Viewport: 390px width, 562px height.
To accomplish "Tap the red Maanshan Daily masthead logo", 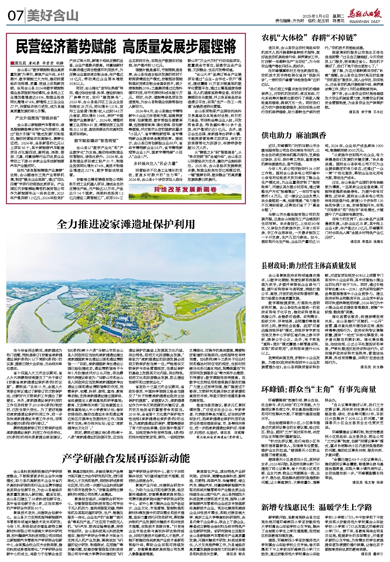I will click(x=364, y=15).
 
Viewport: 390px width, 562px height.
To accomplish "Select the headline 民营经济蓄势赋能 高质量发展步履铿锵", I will click(x=126, y=46).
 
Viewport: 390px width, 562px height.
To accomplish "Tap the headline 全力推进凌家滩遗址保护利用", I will click(x=126, y=224).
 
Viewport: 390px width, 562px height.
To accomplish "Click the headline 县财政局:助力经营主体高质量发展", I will click(x=309, y=265).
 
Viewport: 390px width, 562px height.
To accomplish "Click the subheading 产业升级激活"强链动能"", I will click(x=37, y=118).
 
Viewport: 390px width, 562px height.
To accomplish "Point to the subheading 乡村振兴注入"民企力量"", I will click(x=155, y=163).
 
